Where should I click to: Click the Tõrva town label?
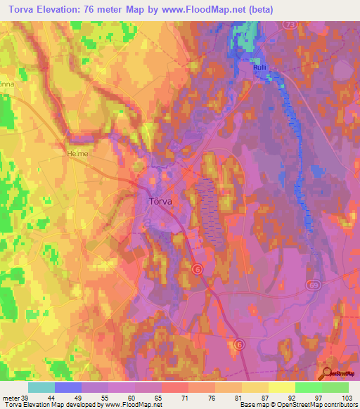point(162,201)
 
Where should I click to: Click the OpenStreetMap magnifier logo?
point(328,374)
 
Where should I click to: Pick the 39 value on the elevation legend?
point(26,397)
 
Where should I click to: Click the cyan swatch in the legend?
point(41,387)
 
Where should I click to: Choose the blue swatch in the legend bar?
point(68,387)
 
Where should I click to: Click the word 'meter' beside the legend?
point(10,397)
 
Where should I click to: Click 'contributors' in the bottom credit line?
point(340,405)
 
